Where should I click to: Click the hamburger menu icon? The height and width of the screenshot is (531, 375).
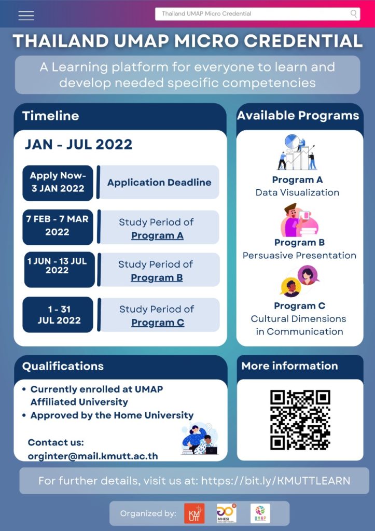click(26, 16)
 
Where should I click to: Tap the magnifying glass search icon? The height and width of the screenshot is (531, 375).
click(354, 13)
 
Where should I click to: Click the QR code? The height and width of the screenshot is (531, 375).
click(300, 420)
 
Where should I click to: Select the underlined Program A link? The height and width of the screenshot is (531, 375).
click(157, 235)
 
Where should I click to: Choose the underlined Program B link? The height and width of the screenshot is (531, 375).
click(157, 277)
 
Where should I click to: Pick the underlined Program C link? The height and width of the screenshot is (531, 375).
click(158, 323)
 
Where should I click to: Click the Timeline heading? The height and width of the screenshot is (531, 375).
click(50, 116)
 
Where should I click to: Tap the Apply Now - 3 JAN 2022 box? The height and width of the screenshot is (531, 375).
click(58, 183)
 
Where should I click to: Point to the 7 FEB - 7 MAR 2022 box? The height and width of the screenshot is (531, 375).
click(58, 226)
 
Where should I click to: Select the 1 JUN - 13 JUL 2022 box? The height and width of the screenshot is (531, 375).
click(59, 269)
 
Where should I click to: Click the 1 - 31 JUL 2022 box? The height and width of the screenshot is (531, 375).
click(58, 315)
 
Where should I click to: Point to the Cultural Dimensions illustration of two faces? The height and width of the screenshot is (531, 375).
click(299, 281)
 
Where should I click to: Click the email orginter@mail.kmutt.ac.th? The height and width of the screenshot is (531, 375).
click(93, 456)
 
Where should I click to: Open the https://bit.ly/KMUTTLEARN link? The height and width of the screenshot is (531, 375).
click(275, 481)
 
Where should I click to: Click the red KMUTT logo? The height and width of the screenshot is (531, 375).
click(194, 513)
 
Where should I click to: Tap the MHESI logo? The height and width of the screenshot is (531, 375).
click(226, 513)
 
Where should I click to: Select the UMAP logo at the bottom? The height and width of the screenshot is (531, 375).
click(260, 513)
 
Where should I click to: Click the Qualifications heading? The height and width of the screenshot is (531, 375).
click(63, 366)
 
